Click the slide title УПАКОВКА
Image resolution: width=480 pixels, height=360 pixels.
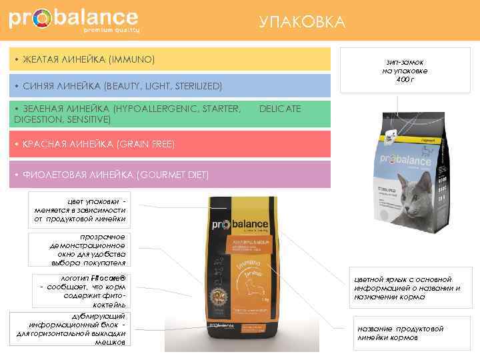tap(302, 23)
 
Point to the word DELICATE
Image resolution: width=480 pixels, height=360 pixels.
tap(279, 109)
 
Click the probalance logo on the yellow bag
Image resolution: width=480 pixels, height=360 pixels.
tap(239, 224)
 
